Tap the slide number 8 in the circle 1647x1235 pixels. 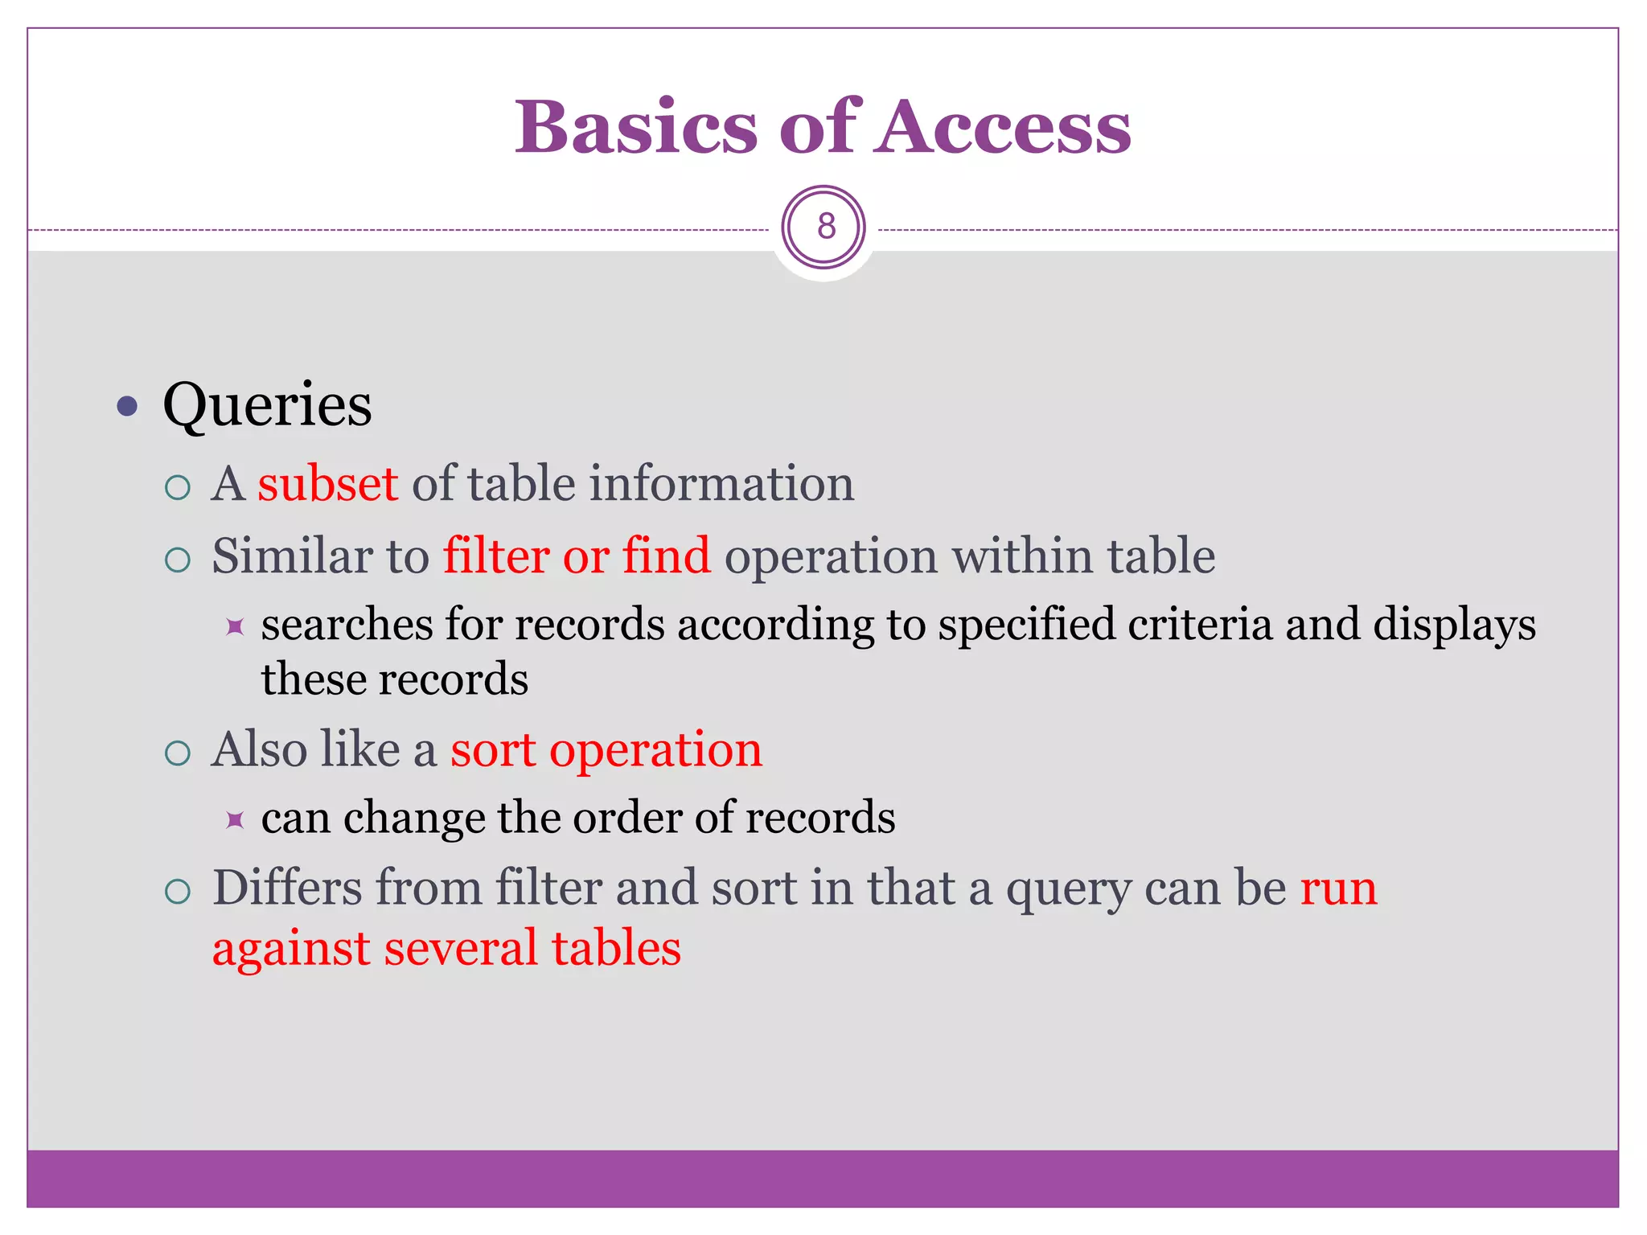825,227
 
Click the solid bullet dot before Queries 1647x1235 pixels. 127,406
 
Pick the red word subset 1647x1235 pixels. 327,484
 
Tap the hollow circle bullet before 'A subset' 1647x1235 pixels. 177,487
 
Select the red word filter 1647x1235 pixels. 496,556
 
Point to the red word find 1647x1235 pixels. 667,556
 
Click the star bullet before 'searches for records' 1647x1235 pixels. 235,626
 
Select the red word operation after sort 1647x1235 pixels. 655,750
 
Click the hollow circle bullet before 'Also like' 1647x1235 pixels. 177,753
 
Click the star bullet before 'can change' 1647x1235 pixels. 235,820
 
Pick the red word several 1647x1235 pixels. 461,948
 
